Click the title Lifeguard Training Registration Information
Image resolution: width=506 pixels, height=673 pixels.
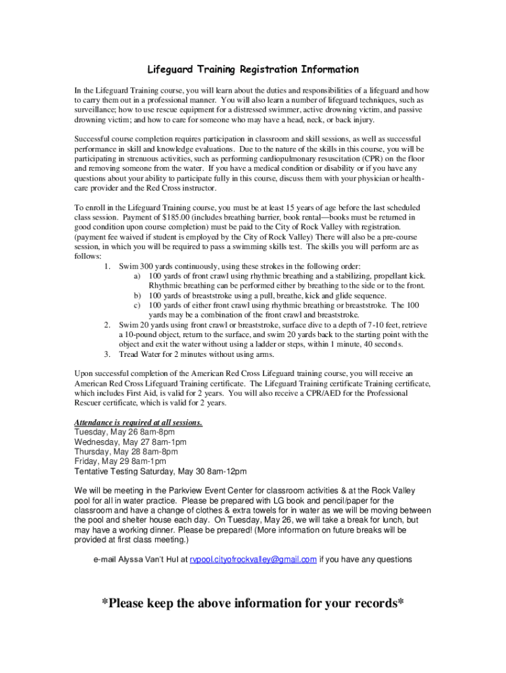[252, 70]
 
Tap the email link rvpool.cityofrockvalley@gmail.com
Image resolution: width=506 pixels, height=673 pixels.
[253, 559]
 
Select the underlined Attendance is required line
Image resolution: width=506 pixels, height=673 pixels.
[138, 423]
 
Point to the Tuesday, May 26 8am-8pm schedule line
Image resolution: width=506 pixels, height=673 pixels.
[125, 432]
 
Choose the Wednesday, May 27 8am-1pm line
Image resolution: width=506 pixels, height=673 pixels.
[130, 442]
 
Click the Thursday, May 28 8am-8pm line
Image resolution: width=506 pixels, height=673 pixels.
[126, 452]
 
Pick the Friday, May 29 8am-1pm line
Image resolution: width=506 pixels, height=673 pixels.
[120, 462]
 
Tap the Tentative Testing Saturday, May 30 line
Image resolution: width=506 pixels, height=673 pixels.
[160, 472]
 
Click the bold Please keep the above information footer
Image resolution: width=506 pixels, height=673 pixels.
[252, 603]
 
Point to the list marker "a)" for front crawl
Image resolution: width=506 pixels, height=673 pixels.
[137, 276]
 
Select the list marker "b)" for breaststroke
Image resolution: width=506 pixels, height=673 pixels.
[137, 296]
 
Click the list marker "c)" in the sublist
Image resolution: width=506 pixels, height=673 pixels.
[137, 306]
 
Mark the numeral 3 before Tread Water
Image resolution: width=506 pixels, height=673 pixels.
[107, 355]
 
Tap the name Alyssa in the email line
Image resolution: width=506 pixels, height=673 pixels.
[132, 560]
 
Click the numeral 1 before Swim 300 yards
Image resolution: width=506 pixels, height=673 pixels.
[107, 267]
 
